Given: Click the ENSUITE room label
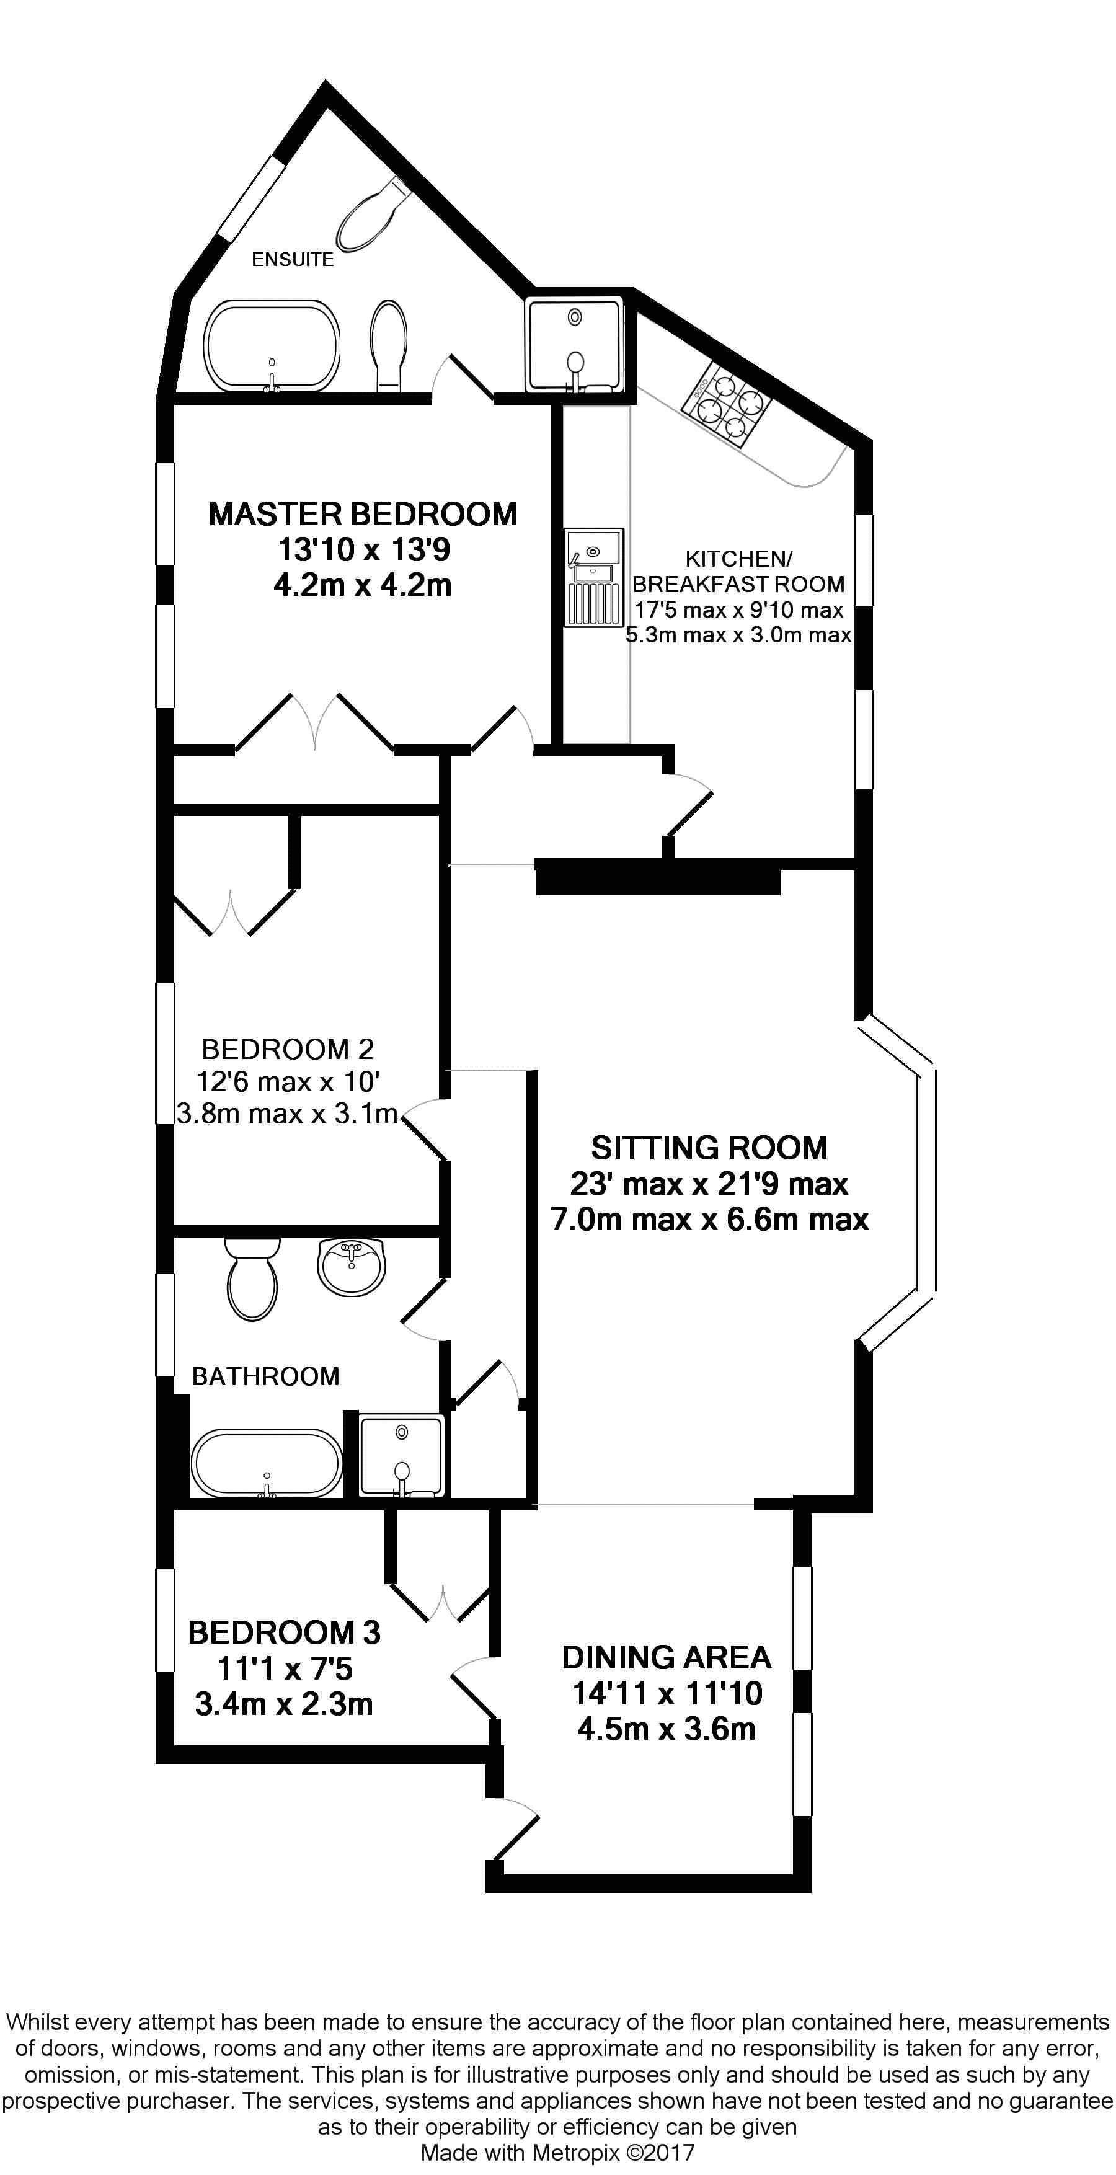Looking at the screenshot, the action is (292, 260).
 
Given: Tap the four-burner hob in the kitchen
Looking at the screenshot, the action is (731, 406).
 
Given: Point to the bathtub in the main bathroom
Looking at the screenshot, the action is (267, 1463).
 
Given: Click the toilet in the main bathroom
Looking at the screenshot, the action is (252, 1278).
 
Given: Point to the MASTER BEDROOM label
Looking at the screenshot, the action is (362, 514).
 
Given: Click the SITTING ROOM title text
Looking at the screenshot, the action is (709, 1148).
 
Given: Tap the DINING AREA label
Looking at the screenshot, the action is (667, 1657).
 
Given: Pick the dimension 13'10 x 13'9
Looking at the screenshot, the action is (364, 550).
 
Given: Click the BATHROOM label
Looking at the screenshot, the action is (266, 1377).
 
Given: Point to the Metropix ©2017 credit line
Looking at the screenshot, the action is (557, 2152).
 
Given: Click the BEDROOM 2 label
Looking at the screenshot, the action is (288, 1050).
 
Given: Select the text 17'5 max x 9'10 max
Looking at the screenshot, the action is (738, 609).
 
